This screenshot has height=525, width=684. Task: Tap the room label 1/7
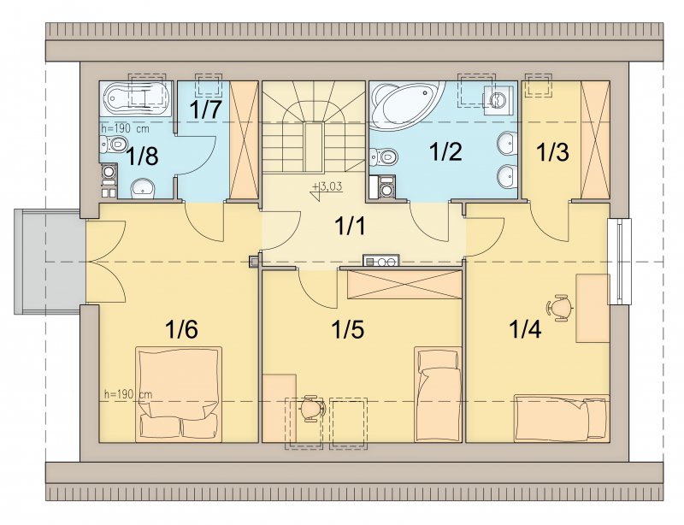tap(205, 111)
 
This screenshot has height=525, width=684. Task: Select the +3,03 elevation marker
tap(327, 189)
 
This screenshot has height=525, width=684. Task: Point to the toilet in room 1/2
tap(383, 156)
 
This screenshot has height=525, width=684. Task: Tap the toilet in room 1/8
tap(113, 143)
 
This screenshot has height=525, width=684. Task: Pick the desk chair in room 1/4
tap(560, 308)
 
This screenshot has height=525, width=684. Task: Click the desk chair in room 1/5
tap(313, 409)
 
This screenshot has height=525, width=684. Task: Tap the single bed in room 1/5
tap(438, 394)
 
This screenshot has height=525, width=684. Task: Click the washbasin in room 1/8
tap(143, 188)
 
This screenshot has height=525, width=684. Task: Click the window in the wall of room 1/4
tap(619, 261)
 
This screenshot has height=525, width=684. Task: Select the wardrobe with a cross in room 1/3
tap(595, 139)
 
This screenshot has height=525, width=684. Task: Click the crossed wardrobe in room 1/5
tap(404, 285)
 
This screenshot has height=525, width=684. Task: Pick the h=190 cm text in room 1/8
tap(125, 129)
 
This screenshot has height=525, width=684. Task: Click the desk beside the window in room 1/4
tap(593, 308)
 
